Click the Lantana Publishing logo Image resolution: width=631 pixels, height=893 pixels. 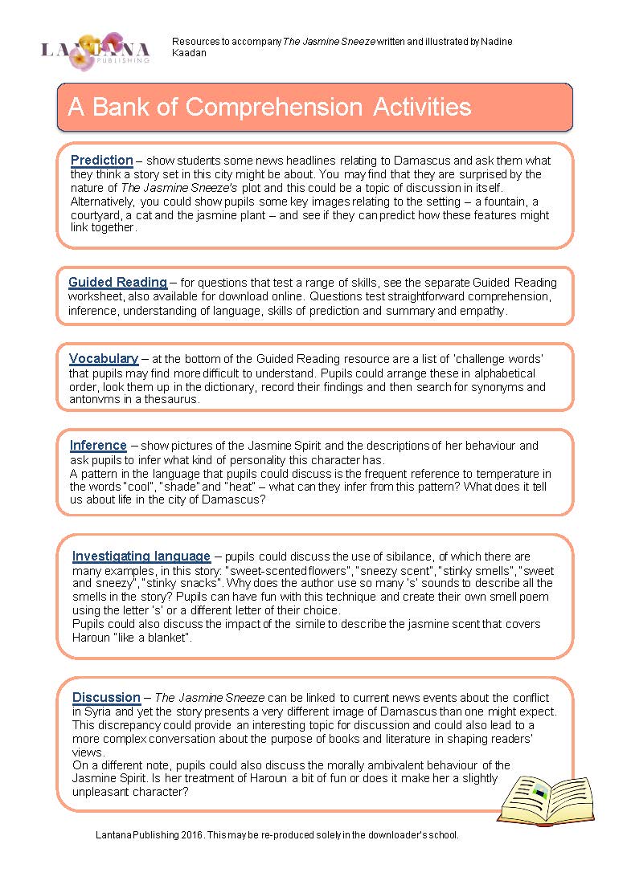(96, 50)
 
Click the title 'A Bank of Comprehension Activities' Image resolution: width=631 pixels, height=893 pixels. (269, 107)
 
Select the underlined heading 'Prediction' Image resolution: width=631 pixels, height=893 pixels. (102, 160)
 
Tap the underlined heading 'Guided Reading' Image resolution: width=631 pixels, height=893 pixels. (117, 282)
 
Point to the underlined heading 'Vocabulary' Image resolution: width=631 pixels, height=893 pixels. (104, 358)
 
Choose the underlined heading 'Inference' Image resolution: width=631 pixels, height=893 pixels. (98, 445)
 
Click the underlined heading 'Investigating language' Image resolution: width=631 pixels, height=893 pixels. (141, 556)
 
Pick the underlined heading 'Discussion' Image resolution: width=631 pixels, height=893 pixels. (106, 696)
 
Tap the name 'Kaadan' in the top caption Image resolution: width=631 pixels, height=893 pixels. (189, 53)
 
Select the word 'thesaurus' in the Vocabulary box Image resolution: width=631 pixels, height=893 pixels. (171, 399)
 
